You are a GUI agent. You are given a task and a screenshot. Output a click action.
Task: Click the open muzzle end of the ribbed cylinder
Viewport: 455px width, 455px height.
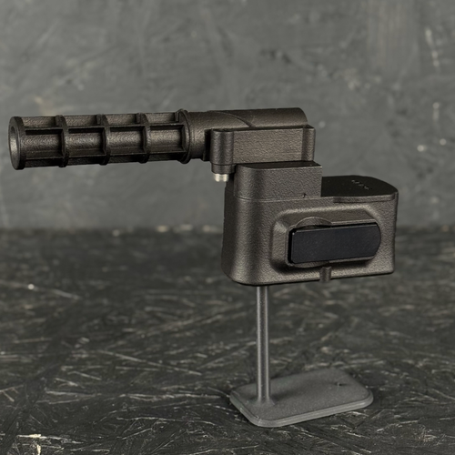point(16,143)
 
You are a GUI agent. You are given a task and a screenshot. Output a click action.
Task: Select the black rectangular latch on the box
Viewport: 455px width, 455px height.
point(334,243)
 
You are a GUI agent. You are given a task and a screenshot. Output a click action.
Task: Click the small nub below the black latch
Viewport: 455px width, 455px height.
point(324,273)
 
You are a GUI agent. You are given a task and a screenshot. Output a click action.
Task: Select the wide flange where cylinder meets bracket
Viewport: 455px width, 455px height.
point(185,136)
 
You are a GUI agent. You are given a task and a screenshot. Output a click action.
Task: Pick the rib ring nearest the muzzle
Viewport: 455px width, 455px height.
point(61,140)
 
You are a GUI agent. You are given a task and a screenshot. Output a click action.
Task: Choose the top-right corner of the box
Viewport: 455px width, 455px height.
point(393,193)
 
